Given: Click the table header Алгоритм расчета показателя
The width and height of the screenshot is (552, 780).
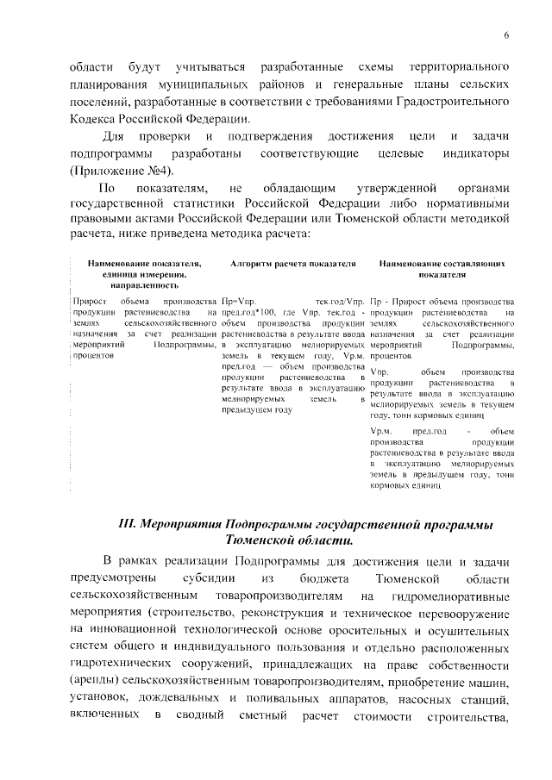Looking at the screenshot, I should (293, 263).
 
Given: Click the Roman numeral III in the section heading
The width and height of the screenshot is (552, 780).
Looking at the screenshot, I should (126, 524).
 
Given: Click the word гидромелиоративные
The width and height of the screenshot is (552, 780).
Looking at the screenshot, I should (457, 595).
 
